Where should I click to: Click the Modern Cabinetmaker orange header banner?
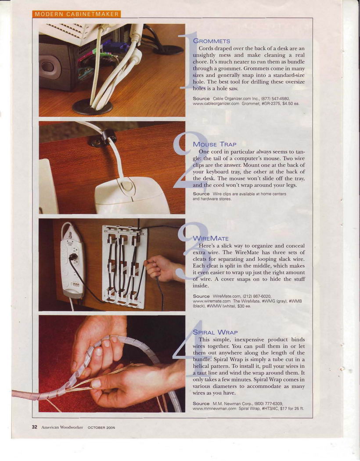click(x=76, y=14)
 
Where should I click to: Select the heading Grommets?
click(x=211, y=41)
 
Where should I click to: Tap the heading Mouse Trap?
click(x=215, y=144)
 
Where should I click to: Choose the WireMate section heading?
click(x=210, y=238)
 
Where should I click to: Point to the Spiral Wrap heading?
click(x=215, y=332)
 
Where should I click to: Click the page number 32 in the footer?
click(x=35, y=427)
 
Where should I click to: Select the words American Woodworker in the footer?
click(x=62, y=428)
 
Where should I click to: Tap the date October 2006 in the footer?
click(x=101, y=428)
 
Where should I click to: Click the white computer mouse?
click(x=131, y=194)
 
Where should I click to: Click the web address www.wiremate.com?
click(x=212, y=301)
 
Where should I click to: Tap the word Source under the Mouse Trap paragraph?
click(x=202, y=194)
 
